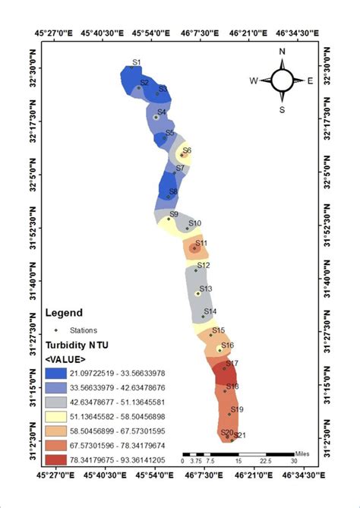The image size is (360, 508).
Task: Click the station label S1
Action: (137, 62)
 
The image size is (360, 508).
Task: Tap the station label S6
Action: (187, 150)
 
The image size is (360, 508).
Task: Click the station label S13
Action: (205, 289)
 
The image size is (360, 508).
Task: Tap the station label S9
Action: (173, 215)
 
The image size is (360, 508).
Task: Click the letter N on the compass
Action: (282, 52)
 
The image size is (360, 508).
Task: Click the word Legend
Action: (65, 312)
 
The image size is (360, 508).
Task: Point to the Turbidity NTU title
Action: (77, 345)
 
